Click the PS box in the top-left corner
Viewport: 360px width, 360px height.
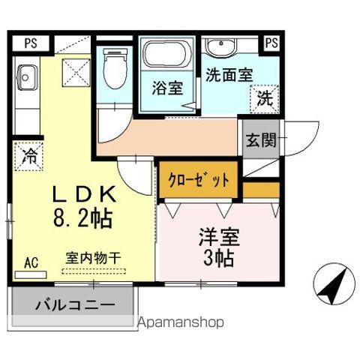pos(29,42)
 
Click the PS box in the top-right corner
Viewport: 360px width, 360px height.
pos(272,42)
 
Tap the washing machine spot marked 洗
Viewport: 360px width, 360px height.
pos(264,97)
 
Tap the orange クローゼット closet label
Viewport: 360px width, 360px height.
pos(198,181)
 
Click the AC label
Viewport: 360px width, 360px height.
pos(31,262)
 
